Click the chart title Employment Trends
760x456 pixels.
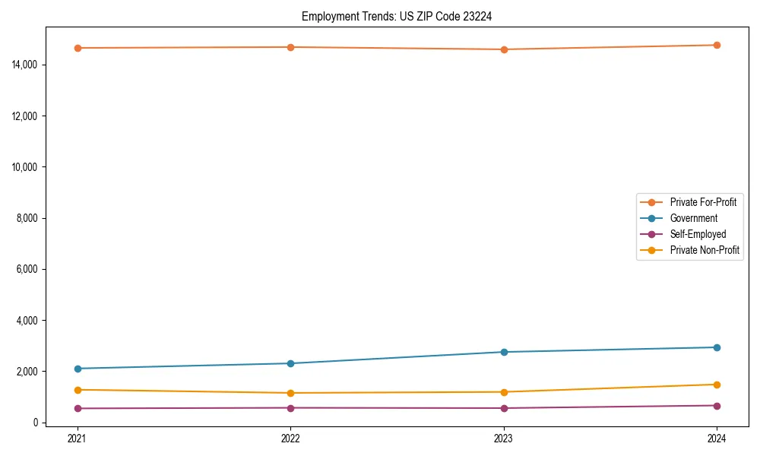coord(397,17)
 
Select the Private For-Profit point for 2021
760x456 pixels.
coord(78,48)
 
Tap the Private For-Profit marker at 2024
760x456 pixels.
coord(717,45)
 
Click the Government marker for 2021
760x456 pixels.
coord(78,369)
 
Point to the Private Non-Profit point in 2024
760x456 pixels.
coord(717,385)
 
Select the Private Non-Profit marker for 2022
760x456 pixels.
coord(290,393)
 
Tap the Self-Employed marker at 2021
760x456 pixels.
coord(78,408)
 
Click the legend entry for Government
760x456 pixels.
coord(693,218)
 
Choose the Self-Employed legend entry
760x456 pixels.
coord(698,234)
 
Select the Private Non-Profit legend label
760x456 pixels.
coord(705,250)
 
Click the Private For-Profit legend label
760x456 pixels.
coord(703,202)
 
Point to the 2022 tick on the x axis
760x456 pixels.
coord(290,438)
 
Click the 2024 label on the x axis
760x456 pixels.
coord(717,438)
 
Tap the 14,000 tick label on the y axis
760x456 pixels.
coord(26,65)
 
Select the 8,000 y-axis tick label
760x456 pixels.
coord(28,218)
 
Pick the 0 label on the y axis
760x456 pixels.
coord(36,423)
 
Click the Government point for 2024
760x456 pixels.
coord(717,347)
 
